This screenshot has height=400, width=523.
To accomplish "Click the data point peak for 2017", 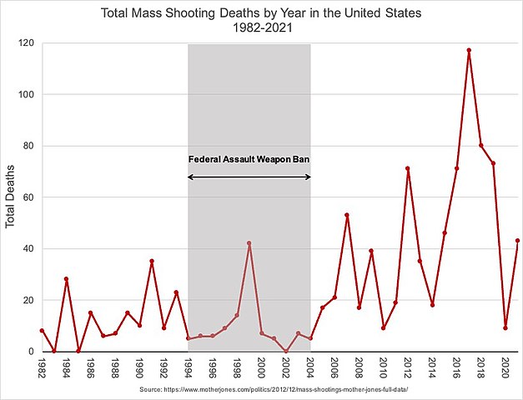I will click(469, 50).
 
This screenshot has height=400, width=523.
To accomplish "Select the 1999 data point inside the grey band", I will click(249, 243).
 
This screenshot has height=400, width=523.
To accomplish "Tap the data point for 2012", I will click(408, 168).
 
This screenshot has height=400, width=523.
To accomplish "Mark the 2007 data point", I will click(346, 215).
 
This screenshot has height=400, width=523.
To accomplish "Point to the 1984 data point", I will click(65, 279).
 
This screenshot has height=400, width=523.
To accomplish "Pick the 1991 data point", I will click(151, 261).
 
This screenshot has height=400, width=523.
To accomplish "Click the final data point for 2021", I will click(518, 241).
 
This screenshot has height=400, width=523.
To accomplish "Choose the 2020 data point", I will click(505, 328).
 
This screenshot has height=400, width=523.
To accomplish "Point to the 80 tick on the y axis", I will click(29, 146).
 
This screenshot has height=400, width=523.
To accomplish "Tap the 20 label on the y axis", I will click(29, 300).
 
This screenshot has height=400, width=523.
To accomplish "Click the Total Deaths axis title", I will click(11, 197).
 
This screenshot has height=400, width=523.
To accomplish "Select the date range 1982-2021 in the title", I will click(261, 28).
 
